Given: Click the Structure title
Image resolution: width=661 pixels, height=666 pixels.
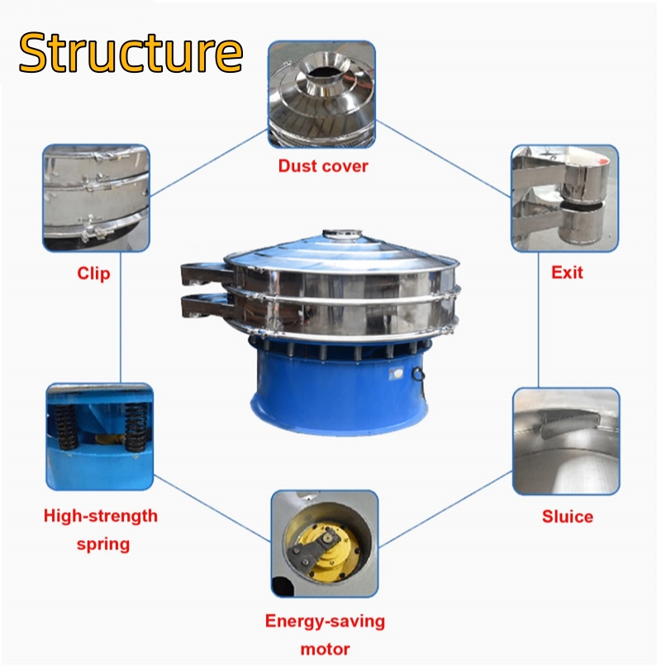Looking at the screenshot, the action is click(131, 53).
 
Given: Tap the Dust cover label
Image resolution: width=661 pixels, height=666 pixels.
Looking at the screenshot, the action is click(323, 166).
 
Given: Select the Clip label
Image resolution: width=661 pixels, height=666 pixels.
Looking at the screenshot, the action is click(93, 274).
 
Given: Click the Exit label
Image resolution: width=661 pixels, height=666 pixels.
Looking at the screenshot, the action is click(567, 273).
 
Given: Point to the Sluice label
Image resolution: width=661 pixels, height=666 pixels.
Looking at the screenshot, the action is click(568, 516).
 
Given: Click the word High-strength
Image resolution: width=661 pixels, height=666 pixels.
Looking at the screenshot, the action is click(101, 516).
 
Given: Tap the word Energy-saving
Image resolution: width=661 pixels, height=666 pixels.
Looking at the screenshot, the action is click(325, 621).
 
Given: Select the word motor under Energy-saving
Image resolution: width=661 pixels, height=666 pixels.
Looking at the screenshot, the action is click(325, 649).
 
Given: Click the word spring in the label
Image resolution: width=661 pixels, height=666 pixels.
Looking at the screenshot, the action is click(103, 544).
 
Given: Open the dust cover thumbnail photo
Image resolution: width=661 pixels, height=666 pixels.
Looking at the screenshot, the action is click(321, 94).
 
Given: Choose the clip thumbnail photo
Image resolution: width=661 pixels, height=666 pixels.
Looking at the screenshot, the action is click(96, 198).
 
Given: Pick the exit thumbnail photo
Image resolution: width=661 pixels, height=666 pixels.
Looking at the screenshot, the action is click(564, 198).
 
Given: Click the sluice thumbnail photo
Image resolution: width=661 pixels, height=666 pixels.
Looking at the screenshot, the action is click(566, 441).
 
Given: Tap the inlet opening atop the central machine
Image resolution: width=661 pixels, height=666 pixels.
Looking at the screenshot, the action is click(342, 233).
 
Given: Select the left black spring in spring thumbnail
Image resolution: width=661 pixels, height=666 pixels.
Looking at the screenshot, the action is click(65, 428).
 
